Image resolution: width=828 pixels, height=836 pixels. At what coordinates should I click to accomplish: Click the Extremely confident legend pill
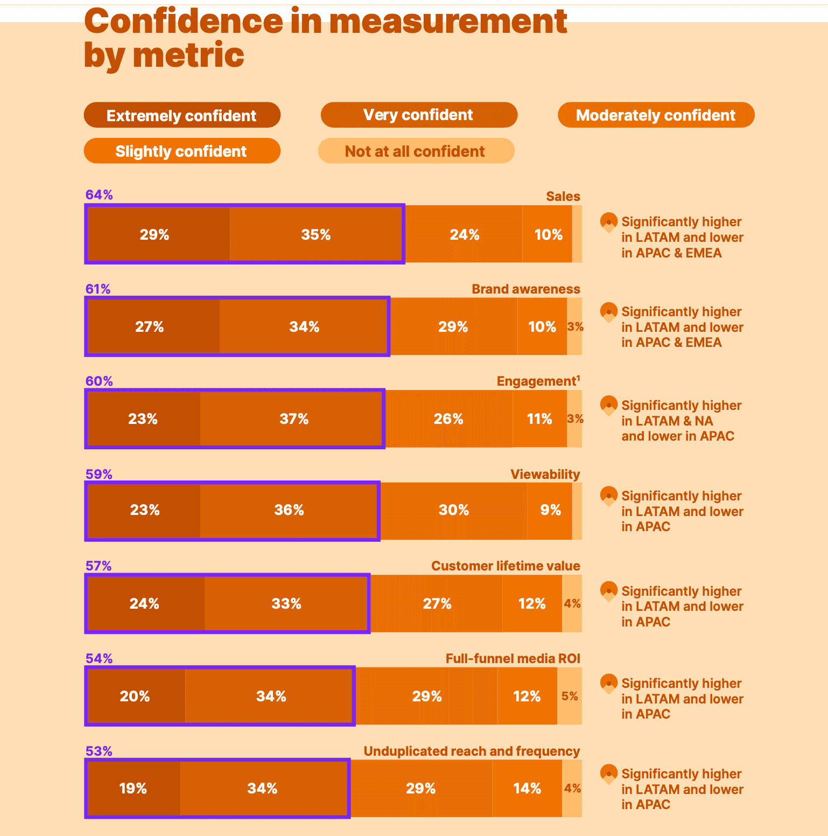tap(182, 115)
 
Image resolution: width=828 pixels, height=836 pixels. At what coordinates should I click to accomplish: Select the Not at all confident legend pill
tap(416, 151)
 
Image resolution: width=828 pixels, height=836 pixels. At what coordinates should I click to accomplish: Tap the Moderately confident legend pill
tap(656, 115)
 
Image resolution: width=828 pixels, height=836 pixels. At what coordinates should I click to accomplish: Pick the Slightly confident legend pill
tap(182, 151)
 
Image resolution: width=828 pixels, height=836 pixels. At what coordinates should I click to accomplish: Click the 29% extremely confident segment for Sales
tap(158, 234)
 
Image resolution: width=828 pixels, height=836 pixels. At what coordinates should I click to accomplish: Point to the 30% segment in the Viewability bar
tap(454, 510)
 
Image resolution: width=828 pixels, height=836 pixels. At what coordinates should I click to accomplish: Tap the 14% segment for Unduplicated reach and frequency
tap(527, 788)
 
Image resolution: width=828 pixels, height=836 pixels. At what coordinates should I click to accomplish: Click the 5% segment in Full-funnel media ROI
tap(570, 696)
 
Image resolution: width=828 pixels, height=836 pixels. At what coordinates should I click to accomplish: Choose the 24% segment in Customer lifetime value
tap(146, 603)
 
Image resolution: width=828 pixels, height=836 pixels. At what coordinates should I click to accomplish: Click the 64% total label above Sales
tap(99, 195)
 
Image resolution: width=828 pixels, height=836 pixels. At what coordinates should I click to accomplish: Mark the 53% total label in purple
tap(99, 751)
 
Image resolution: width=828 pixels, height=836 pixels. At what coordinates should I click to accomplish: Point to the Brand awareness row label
tap(526, 289)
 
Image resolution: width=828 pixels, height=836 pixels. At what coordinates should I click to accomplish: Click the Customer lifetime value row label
tap(506, 566)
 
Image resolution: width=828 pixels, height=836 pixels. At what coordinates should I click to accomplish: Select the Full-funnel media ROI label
tap(513, 658)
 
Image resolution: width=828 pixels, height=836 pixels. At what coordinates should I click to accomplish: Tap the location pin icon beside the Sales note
tap(609, 222)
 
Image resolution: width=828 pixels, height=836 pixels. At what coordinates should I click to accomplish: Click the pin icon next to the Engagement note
tap(609, 406)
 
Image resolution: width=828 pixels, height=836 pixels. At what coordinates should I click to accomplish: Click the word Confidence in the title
tap(184, 22)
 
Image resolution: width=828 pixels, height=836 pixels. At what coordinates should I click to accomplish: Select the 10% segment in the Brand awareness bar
tap(542, 326)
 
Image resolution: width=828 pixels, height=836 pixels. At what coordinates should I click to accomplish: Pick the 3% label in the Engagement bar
tap(575, 419)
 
